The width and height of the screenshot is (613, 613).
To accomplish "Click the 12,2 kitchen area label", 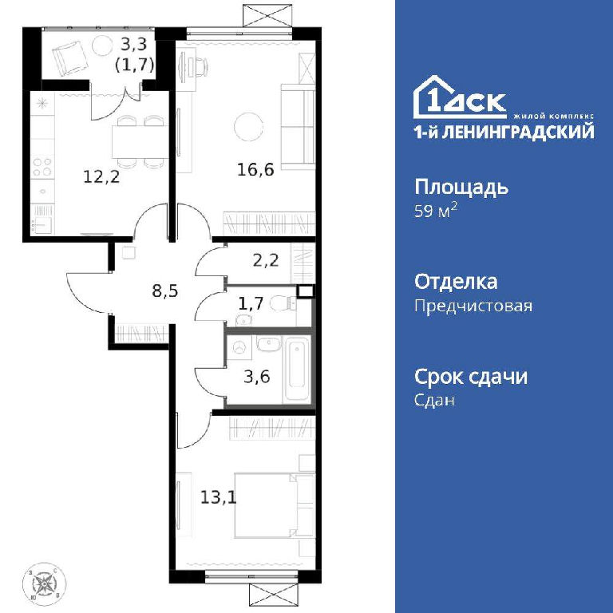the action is pos(101,177).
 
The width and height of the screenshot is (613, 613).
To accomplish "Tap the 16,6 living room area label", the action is pos(255,170).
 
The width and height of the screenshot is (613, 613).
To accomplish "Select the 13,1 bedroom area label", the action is pos(219,498).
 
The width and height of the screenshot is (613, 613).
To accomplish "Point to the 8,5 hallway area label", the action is pos(165,291).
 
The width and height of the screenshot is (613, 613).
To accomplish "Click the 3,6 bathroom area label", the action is pos(257,377).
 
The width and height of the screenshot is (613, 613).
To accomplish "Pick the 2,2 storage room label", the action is pos(266,259).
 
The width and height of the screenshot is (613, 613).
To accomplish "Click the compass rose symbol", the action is pos(44,584).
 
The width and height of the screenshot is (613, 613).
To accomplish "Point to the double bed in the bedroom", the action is pos(275,505).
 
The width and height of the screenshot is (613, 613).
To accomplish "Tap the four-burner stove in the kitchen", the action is pos(42,167).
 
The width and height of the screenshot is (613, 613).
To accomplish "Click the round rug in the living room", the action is pos(249,127).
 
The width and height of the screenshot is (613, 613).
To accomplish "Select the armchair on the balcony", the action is pos(69,57).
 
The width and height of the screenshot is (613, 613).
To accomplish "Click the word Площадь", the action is pos(461,188).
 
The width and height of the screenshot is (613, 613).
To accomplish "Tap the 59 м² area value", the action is pos(436,212).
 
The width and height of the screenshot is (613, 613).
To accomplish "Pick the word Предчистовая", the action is pos(473,306).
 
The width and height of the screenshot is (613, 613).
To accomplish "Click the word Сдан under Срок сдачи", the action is pos(434,401).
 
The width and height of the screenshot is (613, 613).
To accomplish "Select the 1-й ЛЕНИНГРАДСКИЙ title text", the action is pos(504,132).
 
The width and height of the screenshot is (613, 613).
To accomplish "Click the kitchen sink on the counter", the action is pos(42,224).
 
